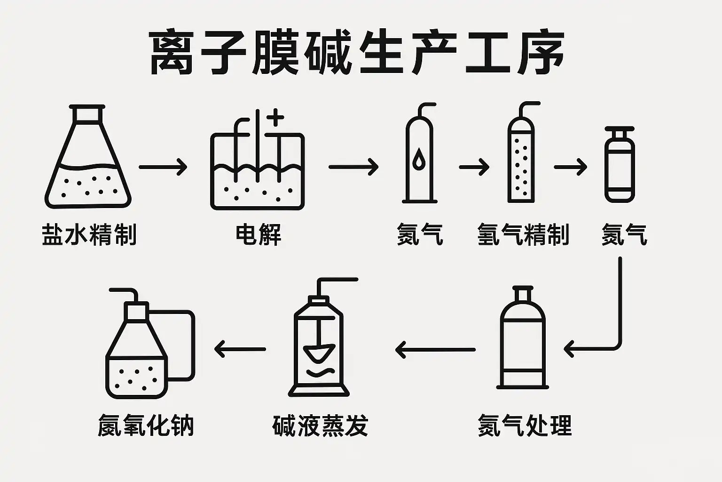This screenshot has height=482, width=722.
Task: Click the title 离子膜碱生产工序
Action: (x=357, y=53)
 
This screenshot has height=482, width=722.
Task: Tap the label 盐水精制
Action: (x=89, y=234)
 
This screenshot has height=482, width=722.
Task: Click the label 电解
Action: (x=258, y=234)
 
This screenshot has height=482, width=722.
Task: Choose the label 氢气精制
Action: (x=523, y=234)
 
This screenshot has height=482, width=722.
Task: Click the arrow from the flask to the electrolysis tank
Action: (x=163, y=167)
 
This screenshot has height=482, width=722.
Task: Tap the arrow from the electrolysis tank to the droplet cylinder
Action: (x=353, y=167)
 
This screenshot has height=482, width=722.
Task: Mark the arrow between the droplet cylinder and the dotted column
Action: (x=474, y=167)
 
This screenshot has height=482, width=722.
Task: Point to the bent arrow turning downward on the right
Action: (x=606, y=329)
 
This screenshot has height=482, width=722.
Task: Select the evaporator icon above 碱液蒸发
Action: (x=319, y=344)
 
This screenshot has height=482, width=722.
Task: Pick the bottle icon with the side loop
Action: (x=141, y=348)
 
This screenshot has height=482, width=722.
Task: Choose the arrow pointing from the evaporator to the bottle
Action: (x=240, y=349)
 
